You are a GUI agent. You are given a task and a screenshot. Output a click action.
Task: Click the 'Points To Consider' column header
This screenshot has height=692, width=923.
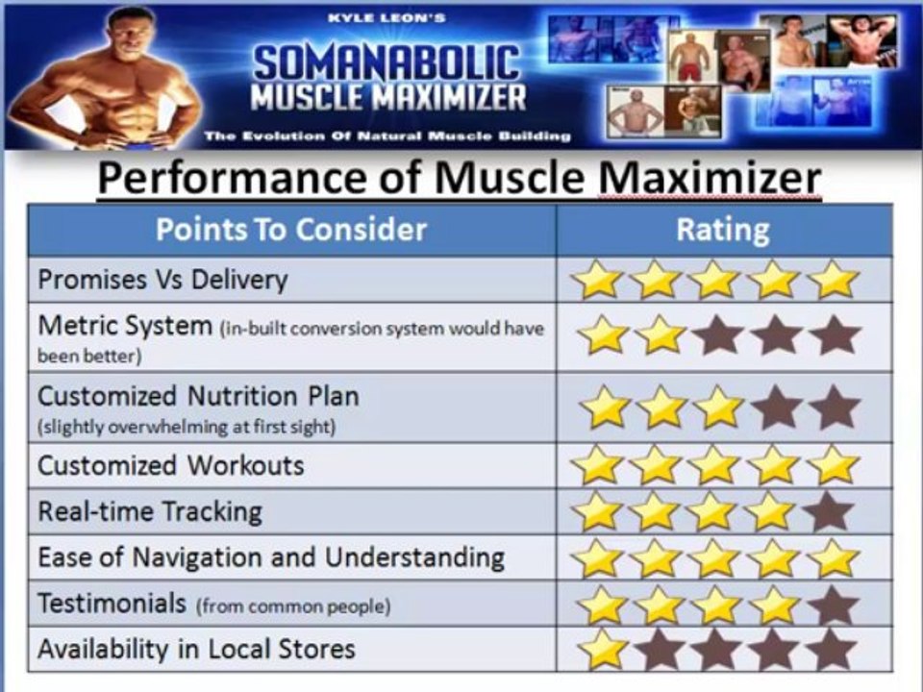pyautogui.click(x=290, y=230)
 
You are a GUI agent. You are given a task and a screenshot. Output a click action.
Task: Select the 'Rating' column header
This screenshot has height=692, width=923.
pyautogui.click(x=723, y=230)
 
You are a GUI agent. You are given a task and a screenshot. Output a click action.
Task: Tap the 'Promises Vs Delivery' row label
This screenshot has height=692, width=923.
pyautogui.click(x=162, y=280)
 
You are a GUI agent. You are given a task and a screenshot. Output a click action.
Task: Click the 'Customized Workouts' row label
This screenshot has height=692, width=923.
pyautogui.click(x=170, y=465)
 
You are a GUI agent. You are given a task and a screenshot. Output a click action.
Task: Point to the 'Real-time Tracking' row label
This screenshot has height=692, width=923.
pyautogui.click(x=149, y=511)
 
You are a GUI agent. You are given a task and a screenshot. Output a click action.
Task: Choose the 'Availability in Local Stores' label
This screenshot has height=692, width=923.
pyautogui.click(x=196, y=649)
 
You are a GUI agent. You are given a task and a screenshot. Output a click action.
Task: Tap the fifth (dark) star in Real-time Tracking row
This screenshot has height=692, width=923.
pyautogui.click(x=829, y=512)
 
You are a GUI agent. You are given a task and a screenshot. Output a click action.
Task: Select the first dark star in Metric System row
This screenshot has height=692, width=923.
pyautogui.click(x=717, y=335)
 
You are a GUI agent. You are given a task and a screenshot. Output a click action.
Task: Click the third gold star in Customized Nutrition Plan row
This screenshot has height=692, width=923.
pyautogui.click(x=717, y=408)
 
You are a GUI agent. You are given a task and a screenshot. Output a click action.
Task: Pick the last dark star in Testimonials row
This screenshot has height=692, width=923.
pyautogui.click(x=833, y=605)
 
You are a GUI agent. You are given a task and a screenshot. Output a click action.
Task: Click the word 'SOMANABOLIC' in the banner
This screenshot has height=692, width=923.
pyautogui.click(x=387, y=63)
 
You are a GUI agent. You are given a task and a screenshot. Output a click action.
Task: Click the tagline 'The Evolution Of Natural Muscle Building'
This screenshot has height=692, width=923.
pyautogui.click(x=387, y=136)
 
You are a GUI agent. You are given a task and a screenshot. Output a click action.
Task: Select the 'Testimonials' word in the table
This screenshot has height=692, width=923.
pyautogui.click(x=112, y=604)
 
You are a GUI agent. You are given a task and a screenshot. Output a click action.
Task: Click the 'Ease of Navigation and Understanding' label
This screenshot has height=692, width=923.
pyautogui.click(x=271, y=557)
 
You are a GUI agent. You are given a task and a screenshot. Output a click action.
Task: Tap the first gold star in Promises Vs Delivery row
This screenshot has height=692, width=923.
pyautogui.click(x=597, y=281)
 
